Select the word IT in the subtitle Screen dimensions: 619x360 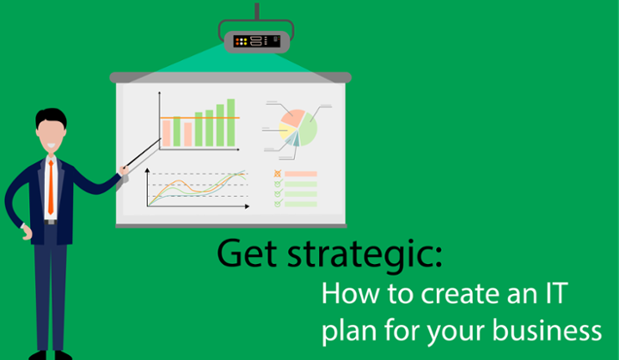click(x=556, y=293)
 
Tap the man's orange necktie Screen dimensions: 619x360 click(x=51, y=187)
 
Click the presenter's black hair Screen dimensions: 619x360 click(x=51, y=117)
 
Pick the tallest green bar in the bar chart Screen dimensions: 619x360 click(x=231, y=122)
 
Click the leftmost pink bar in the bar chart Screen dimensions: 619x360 click(x=166, y=133)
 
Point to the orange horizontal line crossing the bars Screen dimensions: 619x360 click(x=199, y=118)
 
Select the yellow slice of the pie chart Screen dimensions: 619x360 click(x=286, y=131)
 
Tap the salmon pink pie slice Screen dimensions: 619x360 click(x=293, y=118)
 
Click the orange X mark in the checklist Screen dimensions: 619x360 click(x=278, y=174)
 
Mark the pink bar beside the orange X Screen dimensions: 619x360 click(x=301, y=174)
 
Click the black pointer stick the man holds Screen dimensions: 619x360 click(x=143, y=153)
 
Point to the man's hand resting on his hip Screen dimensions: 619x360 click(x=27, y=234)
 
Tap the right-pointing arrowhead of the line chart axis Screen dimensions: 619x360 click(x=247, y=206)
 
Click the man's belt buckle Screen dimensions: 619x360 click(x=51, y=223)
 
